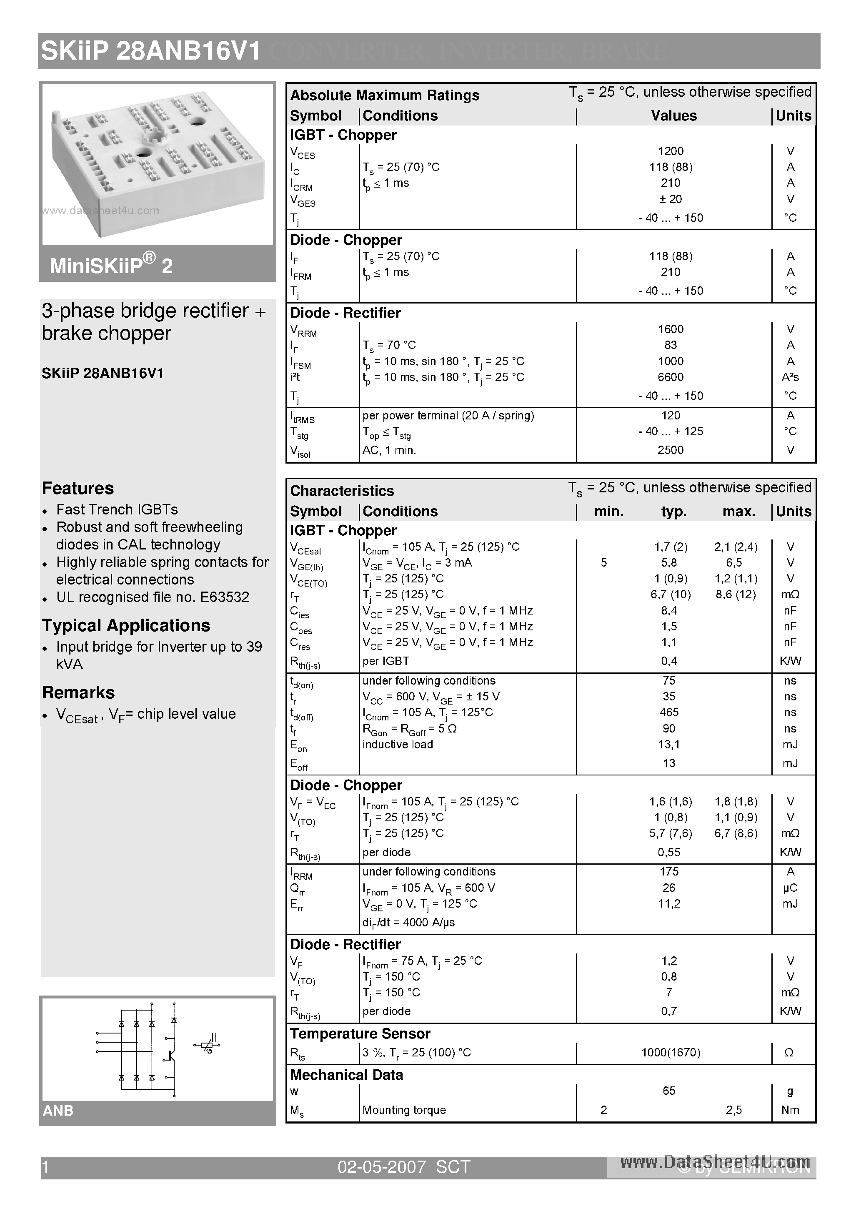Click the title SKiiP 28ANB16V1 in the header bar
click(x=151, y=52)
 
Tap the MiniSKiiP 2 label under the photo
click(x=111, y=265)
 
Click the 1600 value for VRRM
click(x=671, y=329)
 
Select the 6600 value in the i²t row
click(x=671, y=377)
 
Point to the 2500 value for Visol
click(x=671, y=450)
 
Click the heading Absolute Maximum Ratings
click(x=384, y=95)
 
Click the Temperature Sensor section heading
click(x=360, y=1034)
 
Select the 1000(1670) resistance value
click(x=671, y=1052)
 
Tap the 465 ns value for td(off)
click(x=669, y=712)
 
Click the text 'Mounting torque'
click(x=404, y=1110)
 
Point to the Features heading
click(x=78, y=488)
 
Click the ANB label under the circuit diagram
click(x=58, y=1111)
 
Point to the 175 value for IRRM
click(x=669, y=871)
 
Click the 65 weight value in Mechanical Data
click(x=669, y=1091)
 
